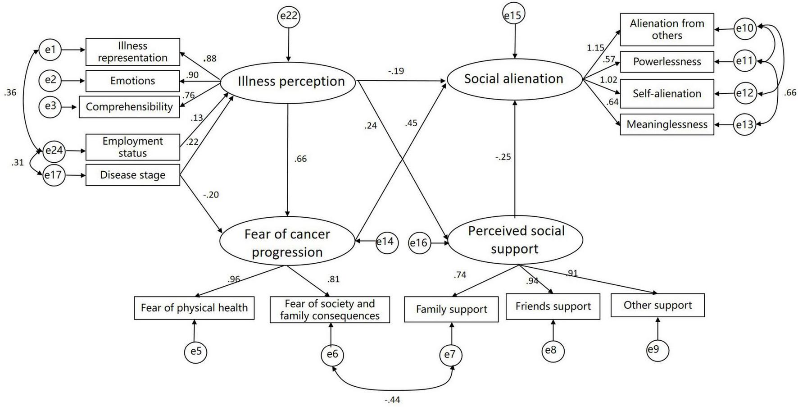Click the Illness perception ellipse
coord(288,82)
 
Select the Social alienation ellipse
coord(514,79)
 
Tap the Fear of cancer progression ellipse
coord(287,242)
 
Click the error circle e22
coord(289,17)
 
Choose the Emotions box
coord(132,81)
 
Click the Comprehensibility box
coord(129,107)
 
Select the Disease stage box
coord(132,175)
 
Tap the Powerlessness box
coord(667,62)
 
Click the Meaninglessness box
coord(667,124)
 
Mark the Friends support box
coord(553,306)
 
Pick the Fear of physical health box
coord(194,308)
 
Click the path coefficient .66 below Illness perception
coord(300,159)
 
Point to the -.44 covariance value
coord(392,400)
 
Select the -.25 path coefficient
coord(503,157)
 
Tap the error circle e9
coord(657,350)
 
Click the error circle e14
coord(385,242)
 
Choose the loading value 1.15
coord(595,48)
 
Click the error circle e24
coord(54,151)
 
